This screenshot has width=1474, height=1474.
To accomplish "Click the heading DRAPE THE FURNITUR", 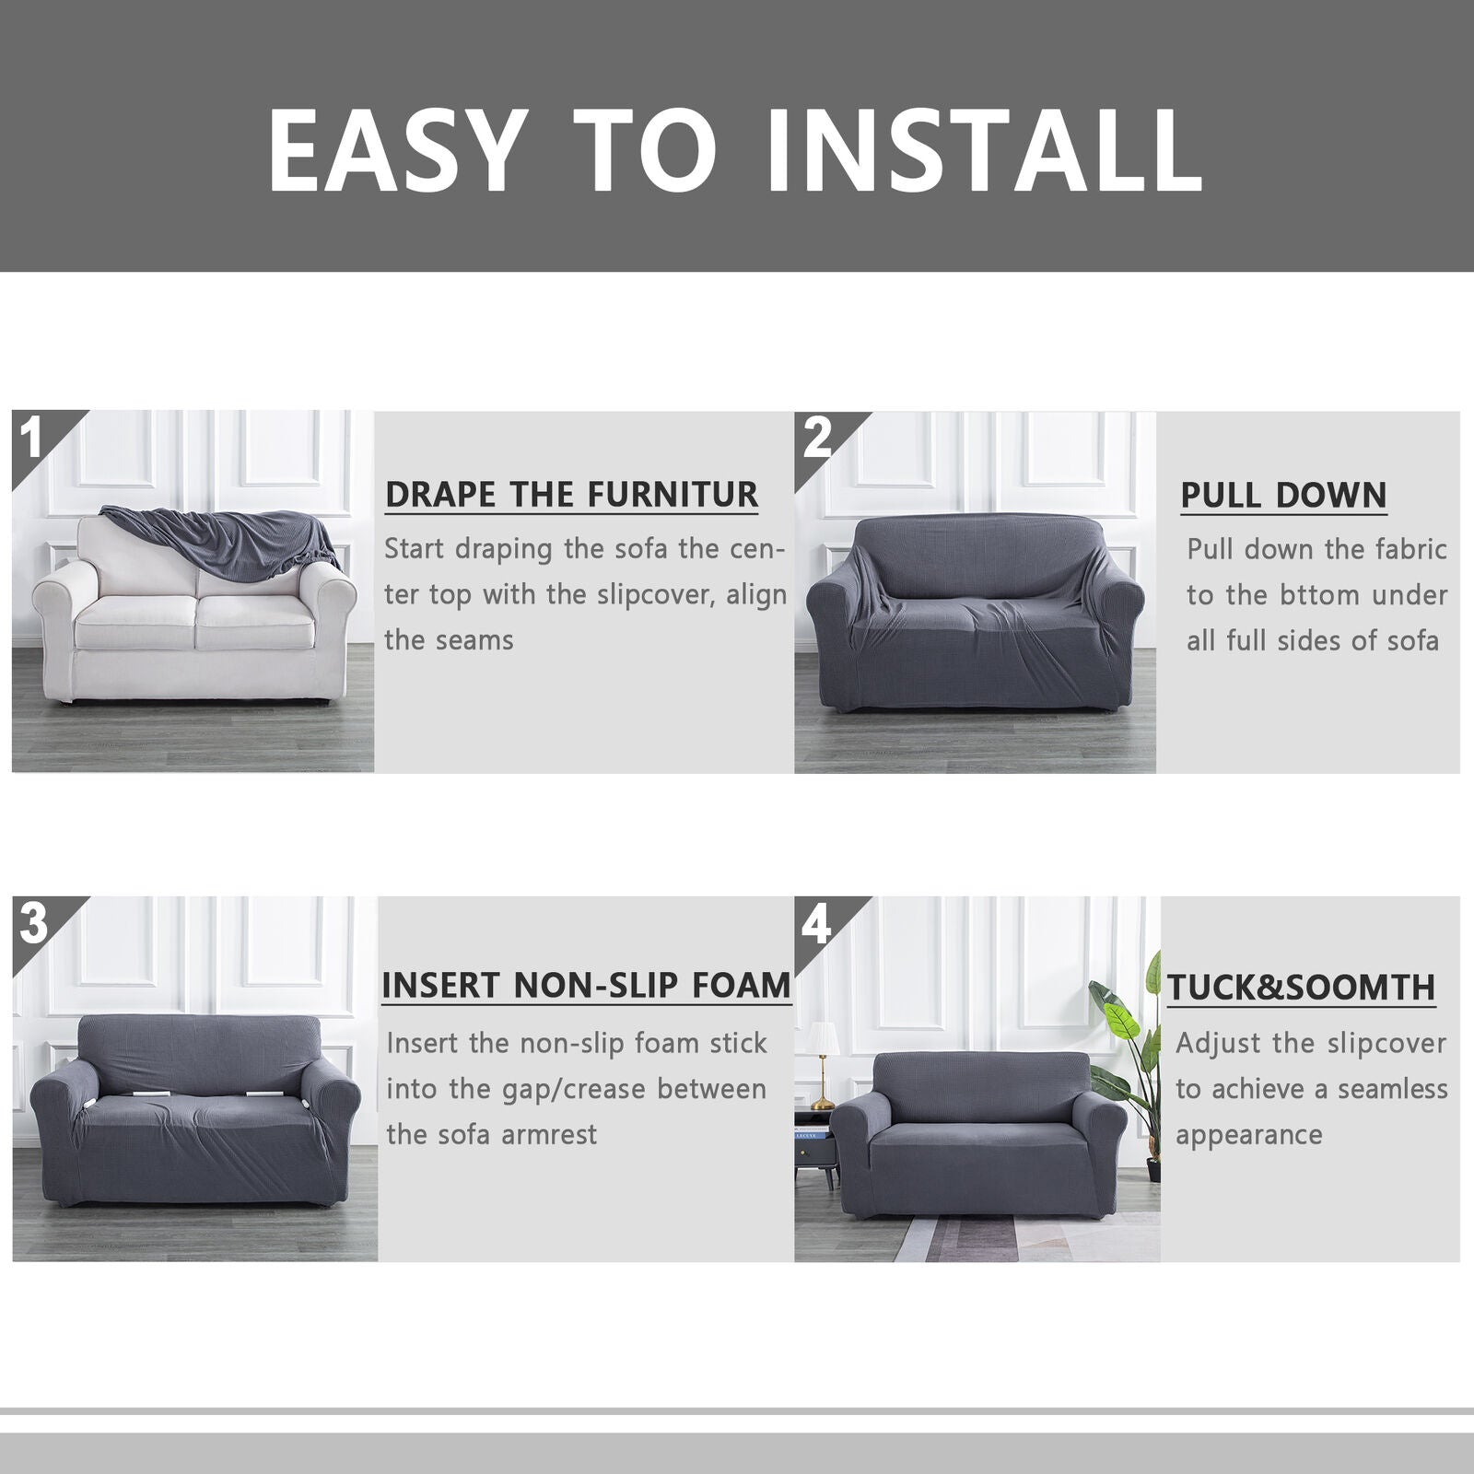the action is (571, 495).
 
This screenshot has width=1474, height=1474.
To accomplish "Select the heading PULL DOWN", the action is (1283, 496).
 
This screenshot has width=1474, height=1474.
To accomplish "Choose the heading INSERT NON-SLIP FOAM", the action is (587, 986).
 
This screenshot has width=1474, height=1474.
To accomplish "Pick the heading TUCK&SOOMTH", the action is (1302, 988).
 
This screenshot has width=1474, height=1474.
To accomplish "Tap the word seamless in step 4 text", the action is (1392, 1089).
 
